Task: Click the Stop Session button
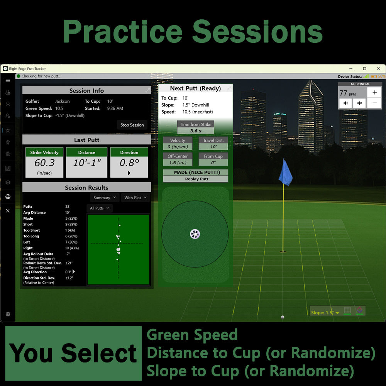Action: point(132,125)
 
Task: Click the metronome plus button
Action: point(374,93)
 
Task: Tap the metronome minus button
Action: point(374,103)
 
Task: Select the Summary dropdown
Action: point(104,198)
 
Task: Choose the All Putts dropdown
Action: point(100,208)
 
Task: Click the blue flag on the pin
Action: point(286,173)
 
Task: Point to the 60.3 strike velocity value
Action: point(44,163)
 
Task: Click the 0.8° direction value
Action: point(129,163)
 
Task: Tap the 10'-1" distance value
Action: point(87,163)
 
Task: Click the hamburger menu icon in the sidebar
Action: point(8,81)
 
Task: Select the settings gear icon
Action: point(8,314)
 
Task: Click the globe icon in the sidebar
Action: point(8,197)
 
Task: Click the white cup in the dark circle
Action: point(195,234)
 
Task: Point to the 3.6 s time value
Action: point(196,131)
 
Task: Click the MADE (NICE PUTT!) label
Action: point(196,173)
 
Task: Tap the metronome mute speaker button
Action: point(359,103)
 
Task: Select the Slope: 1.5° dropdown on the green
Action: point(325,312)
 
